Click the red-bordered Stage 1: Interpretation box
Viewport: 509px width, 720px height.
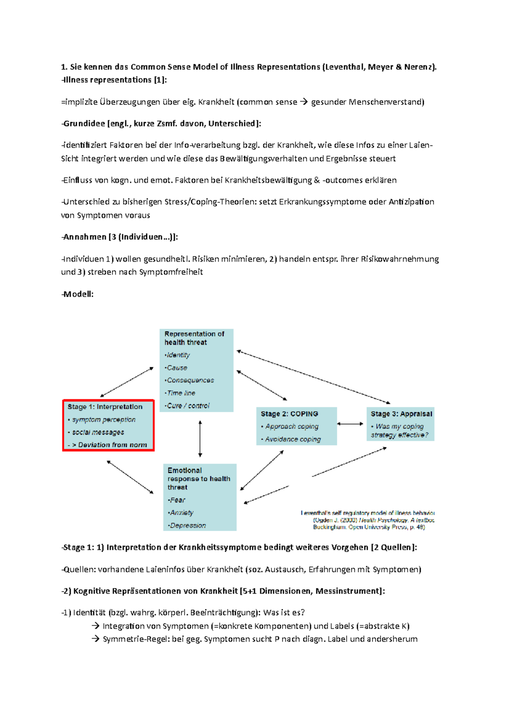coord(108,425)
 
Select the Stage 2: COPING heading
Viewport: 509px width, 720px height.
coord(289,414)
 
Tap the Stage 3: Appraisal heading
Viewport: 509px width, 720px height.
coord(401,414)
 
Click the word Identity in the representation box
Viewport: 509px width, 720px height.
coord(178,355)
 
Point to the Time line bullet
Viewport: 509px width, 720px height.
coord(181,393)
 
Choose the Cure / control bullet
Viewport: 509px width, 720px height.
coord(188,406)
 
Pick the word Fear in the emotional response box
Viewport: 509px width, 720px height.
coord(178,500)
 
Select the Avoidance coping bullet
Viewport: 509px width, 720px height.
coord(292,439)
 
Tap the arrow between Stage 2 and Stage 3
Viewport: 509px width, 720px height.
coord(350,424)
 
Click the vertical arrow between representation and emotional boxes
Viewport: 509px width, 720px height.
coord(200,438)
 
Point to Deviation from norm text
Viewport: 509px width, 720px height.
coord(112,445)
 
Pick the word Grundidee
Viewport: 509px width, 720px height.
coord(84,123)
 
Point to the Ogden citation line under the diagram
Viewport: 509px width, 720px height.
coord(373,520)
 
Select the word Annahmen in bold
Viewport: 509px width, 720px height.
coord(84,237)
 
